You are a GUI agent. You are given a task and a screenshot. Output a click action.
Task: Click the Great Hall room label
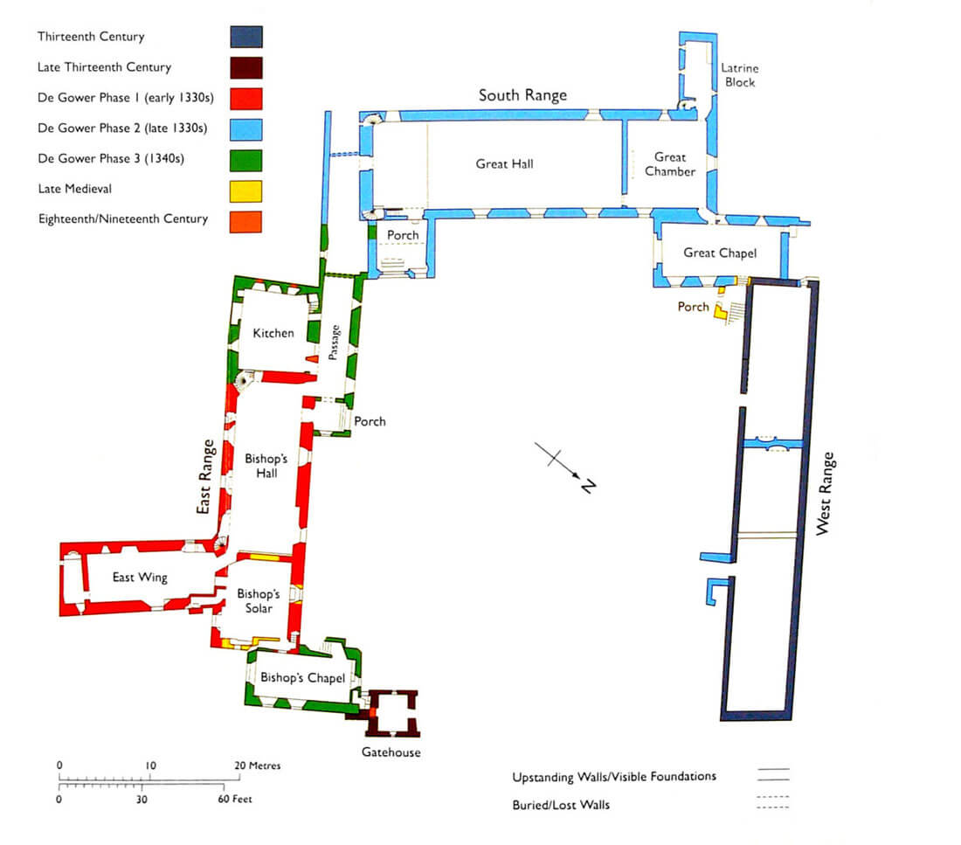504,163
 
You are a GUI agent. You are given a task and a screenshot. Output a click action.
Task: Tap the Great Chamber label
670,164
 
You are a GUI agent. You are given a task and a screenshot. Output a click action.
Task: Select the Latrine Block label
738,75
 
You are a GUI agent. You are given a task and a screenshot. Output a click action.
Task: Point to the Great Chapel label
719,253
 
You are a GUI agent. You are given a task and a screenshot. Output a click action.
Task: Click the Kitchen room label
273,333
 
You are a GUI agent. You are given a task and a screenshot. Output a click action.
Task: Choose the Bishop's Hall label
261,466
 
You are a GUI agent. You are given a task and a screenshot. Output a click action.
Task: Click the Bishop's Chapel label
297,678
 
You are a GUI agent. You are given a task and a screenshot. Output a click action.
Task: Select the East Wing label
140,577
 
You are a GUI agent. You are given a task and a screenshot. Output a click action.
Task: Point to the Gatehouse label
391,752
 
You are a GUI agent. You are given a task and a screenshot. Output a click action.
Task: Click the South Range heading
522,95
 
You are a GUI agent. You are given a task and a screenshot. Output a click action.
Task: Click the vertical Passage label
335,343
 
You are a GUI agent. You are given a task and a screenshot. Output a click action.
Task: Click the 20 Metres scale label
259,765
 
